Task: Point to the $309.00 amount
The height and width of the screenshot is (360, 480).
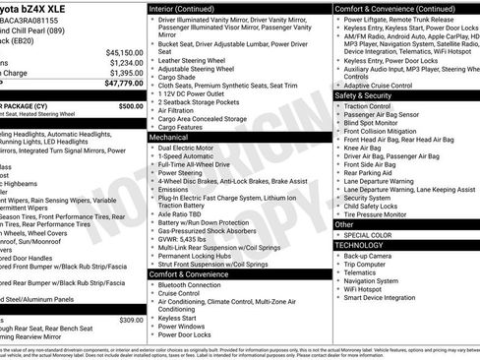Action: (x=130, y=320)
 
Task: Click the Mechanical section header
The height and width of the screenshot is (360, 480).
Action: (x=169, y=138)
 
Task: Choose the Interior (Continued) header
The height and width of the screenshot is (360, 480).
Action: (x=190, y=7)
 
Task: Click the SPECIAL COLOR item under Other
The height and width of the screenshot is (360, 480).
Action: (x=370, y=235)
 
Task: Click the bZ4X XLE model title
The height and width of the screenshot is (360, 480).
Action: (x=35, y=7)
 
